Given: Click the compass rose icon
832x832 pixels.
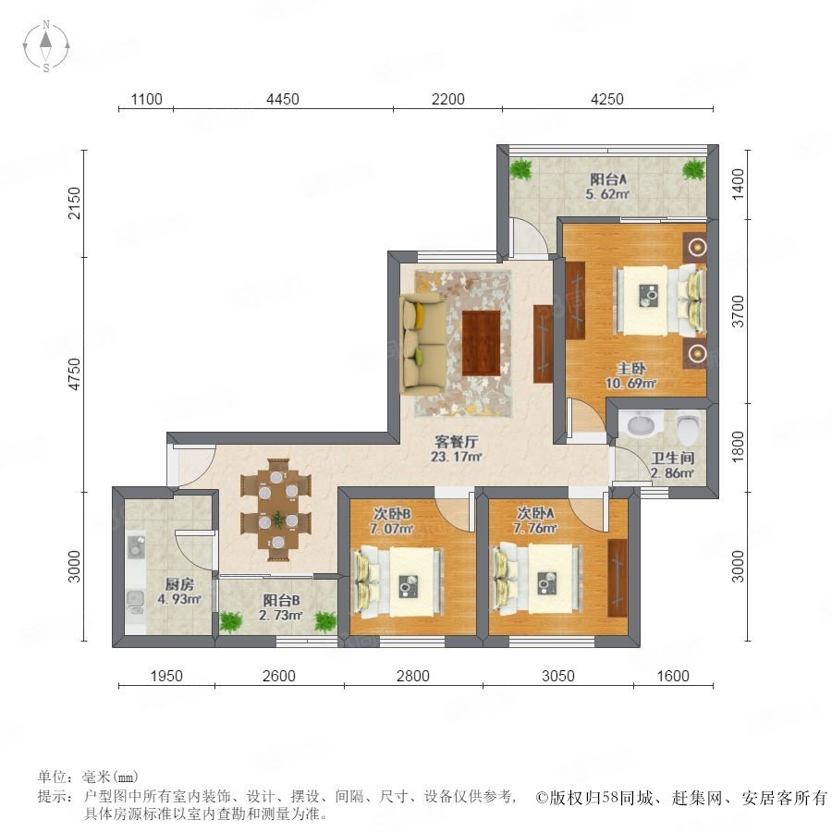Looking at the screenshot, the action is click(x=46, y=46).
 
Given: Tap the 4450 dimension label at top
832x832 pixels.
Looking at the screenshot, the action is click(x=283, y=99).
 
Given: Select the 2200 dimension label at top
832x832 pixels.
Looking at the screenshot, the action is click(x=447, y=99).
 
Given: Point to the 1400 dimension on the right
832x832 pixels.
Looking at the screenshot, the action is click(x=738, y=184).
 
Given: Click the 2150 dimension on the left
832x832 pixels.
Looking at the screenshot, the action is click(x=75, y=202).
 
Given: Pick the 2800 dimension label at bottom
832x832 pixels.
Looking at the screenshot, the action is click(x=413, y=676).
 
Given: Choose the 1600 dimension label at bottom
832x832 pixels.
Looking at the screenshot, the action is click(x=673, y=676).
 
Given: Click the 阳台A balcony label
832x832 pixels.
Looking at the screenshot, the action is click(x=608, y=179).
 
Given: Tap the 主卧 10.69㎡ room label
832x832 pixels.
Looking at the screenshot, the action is click(x=630, y=375).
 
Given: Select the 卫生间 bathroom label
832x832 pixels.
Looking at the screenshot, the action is click(x=672, y=458).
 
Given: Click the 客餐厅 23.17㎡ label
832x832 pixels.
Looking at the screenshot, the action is click(x=457, y=449).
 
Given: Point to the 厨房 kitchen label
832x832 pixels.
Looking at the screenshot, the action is click(x=179, y=585).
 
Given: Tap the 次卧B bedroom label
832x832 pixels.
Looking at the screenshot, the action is click(x=392, y=514).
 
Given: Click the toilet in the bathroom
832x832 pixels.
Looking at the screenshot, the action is click(x=688, y=429).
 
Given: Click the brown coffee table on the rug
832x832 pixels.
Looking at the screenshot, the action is click(x=481, y=343).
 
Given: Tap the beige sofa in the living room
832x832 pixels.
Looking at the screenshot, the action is click(x=422, y=345).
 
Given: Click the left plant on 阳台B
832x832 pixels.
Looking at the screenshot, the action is click(x=230, y=621).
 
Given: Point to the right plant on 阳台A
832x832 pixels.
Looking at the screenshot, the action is click(x=693, y=170).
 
